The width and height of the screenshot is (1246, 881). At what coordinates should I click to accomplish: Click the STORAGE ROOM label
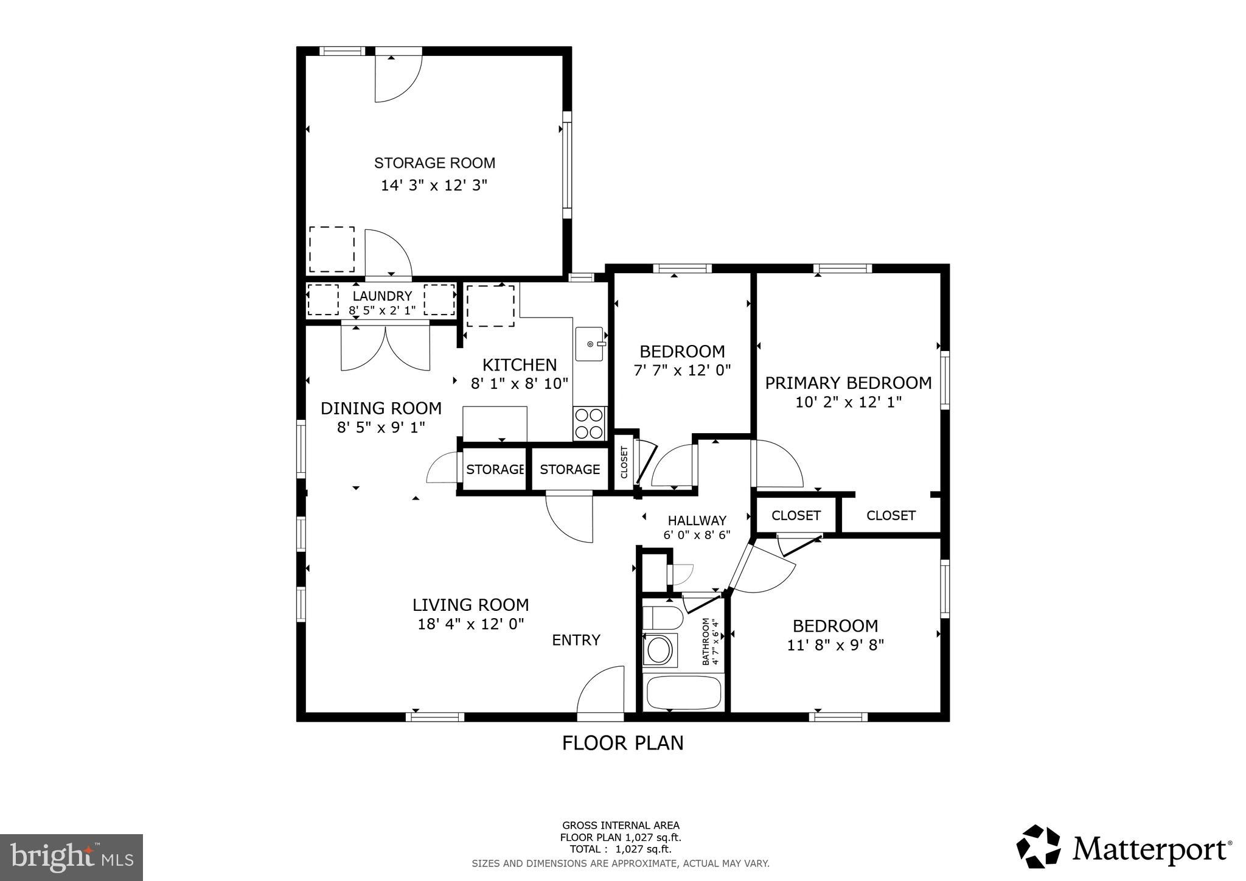[434, 163]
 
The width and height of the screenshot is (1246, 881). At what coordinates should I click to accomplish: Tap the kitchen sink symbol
[590, 344]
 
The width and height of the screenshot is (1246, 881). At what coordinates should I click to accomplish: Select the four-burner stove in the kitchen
[590, 423]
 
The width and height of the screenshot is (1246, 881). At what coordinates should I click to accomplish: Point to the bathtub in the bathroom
[683, 692]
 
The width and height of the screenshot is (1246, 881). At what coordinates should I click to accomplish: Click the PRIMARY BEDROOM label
[848, 383]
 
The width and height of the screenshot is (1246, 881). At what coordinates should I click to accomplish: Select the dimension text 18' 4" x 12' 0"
[471, 624]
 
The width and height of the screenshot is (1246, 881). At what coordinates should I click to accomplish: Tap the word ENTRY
[576, 640]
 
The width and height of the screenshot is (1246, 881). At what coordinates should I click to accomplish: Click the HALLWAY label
[697, 521]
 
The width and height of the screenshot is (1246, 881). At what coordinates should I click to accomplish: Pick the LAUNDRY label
[382, 296]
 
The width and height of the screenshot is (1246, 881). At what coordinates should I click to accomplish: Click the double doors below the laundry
[386, 349]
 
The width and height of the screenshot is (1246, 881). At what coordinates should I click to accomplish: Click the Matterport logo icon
[1039, 847]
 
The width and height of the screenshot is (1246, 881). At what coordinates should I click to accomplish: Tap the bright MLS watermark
[71, 857]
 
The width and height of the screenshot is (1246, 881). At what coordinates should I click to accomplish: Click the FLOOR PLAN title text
[622, 743]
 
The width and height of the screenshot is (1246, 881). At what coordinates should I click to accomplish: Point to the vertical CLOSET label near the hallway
[624, 462]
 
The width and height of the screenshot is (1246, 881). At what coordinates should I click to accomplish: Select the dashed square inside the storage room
[332, 249]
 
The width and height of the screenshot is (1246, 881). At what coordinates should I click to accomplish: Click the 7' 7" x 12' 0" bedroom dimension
[682, 370]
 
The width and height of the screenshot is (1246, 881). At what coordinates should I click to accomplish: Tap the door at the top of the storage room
[397, 77]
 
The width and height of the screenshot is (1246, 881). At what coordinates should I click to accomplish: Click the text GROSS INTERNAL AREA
[621, 826]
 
